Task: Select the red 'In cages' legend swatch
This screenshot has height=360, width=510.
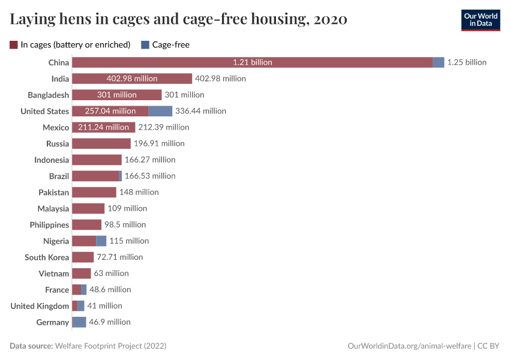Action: coord(14,44)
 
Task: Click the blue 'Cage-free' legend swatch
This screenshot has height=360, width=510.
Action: coord(145,44)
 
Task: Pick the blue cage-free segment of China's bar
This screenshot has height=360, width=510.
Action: coord(438,62)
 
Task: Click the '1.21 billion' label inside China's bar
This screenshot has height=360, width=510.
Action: coord(253,62)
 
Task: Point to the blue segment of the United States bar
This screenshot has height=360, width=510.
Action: coord(160,111)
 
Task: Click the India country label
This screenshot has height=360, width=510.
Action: coord(60,79)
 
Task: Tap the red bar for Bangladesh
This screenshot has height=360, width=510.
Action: coord(116,95)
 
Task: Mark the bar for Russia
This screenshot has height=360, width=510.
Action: coord(101,143)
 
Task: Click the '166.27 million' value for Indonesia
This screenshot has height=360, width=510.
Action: coord(150,160)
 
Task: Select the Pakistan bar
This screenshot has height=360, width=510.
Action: coord(94,192)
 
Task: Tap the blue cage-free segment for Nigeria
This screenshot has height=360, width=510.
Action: coord(101,241)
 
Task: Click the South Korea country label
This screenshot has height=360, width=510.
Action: coord(47,257)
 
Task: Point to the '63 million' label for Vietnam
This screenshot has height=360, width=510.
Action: coord(111,273)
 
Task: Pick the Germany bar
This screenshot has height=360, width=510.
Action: coord(79,322)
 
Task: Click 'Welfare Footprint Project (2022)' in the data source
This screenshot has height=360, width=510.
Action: coord(110,346)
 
